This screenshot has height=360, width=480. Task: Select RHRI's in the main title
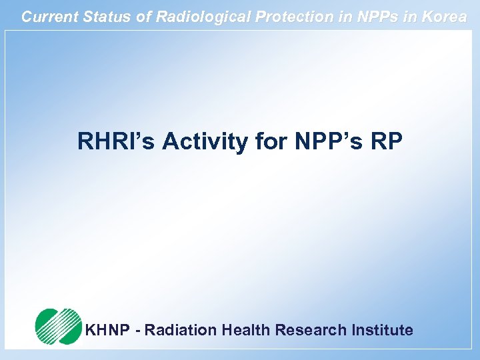coord(117,141)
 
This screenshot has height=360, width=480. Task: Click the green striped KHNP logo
coord(57,326)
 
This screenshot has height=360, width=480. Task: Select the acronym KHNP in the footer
coord(108,330)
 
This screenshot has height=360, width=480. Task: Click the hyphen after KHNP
coord(139,331)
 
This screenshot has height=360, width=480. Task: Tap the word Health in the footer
coord(246,330)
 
